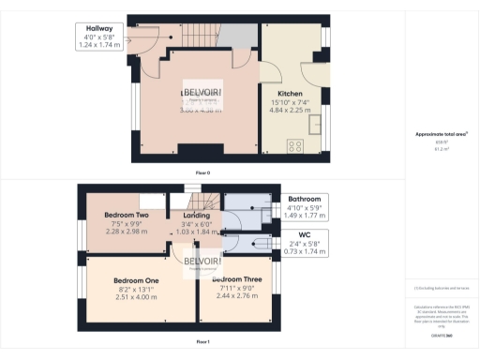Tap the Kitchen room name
tap(289, 95)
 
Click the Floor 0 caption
tap(202, 173)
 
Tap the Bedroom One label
tap(136, 280)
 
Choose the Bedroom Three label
tap(236, 279)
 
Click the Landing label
tap(195, 215)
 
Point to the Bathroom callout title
tap(305, 200)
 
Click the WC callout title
tap(305, 234)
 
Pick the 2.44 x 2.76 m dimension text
tap(236, 295)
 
